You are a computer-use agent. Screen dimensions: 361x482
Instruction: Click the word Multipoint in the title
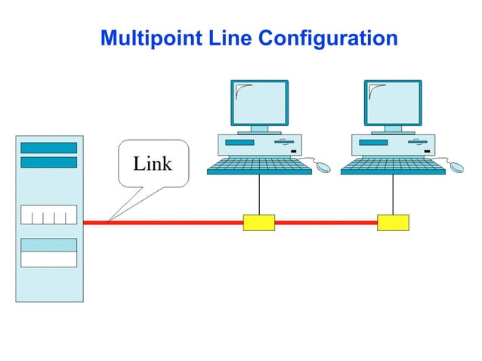pos(144,38)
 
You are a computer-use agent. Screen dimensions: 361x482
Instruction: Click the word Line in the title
pos(217,38)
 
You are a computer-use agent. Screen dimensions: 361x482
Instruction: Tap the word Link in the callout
pos(153,163)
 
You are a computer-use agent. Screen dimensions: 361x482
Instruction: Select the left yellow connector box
pos(258,223)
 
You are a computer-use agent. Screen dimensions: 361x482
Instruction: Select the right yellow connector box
pos(393,223)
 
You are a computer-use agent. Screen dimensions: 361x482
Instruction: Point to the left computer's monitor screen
pos(259,103)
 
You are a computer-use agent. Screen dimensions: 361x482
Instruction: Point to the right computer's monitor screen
pos(393,103)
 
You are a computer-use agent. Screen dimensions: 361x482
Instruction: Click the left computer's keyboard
pos(259,166)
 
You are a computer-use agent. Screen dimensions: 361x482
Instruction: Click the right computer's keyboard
pos(393,166)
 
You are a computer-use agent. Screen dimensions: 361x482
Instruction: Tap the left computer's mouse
pos(323,165)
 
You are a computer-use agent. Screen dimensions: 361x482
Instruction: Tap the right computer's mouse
pos(456,165)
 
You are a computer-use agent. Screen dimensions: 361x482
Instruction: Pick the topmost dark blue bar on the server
pos(49,147)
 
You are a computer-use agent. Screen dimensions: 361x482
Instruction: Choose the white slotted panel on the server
pos(49,214)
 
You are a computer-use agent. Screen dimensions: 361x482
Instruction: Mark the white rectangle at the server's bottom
pos(49,259)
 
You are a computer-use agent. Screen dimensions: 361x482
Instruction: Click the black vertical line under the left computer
pos(259,195)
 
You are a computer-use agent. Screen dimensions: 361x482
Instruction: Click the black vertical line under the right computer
pos(393,195)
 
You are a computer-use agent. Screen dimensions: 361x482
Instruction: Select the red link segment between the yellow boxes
pos(326,223)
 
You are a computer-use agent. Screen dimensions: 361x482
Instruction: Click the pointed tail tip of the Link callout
pos(110,220)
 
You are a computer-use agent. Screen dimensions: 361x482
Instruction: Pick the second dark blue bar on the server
pos(49,162)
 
